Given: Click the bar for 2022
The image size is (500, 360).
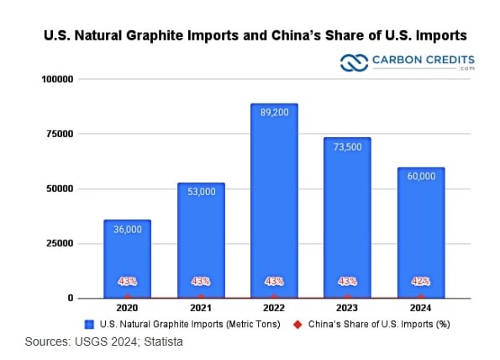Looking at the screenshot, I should click(x=274, y=202).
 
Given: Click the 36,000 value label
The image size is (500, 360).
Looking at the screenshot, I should click(x=127, y=230).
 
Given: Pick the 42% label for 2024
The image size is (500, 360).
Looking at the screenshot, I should click(x=420, y=281).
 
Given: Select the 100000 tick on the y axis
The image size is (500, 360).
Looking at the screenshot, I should click(x=58, y=79).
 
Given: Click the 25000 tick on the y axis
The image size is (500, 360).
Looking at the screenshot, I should click(x=61, y=243).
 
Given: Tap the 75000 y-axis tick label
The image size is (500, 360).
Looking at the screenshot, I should click(x=61, y=134).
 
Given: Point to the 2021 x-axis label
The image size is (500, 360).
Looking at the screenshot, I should click(x=200, y=309).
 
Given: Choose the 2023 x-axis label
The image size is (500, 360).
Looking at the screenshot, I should click(x=347, y=309).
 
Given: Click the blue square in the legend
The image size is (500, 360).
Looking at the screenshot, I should click(x=89, y=324).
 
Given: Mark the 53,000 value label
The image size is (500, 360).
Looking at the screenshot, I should click(x=200, y=193).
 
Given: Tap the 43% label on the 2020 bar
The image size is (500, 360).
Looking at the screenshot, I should click(x=127, y=281).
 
